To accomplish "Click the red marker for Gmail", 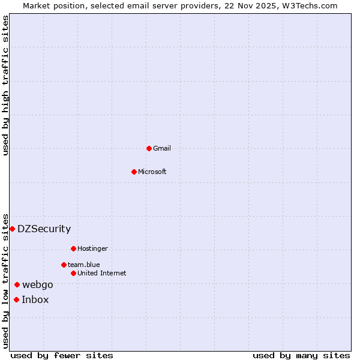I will [149, 148].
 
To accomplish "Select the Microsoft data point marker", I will [134, 172].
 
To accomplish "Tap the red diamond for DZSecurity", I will [12, 229].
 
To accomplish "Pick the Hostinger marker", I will [73, 248].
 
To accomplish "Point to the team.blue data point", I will [64, 265].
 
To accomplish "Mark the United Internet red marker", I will [73, 273].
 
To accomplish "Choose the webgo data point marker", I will [17, 284].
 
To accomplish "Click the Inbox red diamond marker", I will [16, 299].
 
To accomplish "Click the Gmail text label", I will [162, 148].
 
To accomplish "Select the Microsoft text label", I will [152, 172].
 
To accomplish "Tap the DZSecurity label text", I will [44, 229].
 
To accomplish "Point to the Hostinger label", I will [92, 248].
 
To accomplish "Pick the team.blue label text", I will [84, 265].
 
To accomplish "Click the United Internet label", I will [102, 273].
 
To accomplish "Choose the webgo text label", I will [38, 284].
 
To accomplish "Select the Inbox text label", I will [35, 299].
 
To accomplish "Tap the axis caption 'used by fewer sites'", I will [62, 355].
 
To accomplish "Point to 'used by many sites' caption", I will [301, 355].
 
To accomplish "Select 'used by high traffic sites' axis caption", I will [5, 85].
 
